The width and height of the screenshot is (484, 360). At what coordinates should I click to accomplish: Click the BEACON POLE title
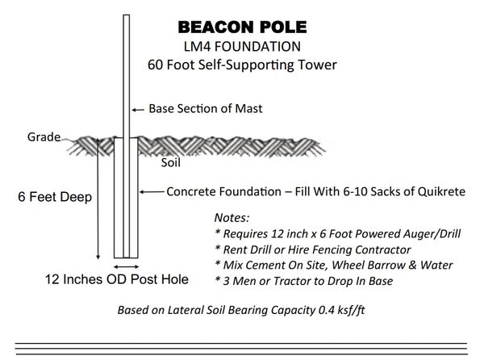tap(242, 27)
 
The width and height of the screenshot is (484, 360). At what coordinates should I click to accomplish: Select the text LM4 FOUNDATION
tap(242, 47)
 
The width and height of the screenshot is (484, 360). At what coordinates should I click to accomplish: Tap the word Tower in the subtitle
tap(317, 65)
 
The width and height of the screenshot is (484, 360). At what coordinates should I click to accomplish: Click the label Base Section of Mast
tap(206, 109)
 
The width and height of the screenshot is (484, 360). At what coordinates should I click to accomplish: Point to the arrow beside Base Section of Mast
tap(138, 110)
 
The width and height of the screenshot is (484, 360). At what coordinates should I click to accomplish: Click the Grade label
tap(44, 137)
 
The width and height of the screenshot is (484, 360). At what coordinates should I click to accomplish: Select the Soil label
tap(171, 163)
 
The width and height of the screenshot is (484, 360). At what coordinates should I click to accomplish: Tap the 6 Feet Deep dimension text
tap(55, 197)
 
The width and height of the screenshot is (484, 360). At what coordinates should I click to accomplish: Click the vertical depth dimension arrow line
tap(98, 199)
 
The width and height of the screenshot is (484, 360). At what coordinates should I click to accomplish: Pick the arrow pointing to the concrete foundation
tap(152, 192)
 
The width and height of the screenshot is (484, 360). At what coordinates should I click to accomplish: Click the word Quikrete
tap(441, 192)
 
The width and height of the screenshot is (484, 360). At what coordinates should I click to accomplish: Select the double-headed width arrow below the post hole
tap(126, 266)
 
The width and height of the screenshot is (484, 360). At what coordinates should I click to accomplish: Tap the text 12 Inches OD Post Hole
tap(117, 279)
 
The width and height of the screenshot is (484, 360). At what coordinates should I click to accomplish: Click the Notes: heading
tap(232, 218)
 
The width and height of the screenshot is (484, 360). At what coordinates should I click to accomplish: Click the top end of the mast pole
tap(127, 15)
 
